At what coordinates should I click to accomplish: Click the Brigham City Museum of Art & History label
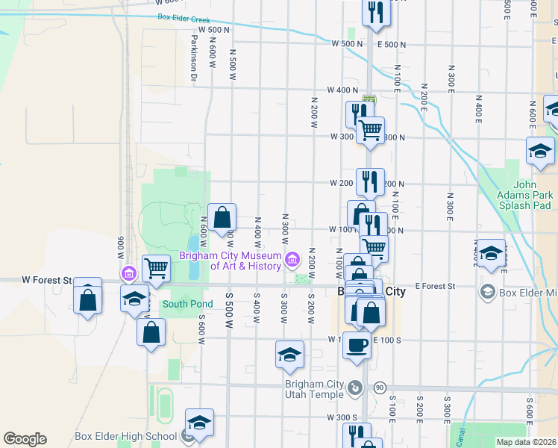230,261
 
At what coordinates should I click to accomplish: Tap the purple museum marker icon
292,261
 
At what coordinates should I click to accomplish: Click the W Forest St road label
46,280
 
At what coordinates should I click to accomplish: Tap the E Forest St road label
435,286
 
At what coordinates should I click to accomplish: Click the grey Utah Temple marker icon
355,388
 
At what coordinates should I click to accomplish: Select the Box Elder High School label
126,437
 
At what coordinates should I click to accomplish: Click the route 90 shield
380,387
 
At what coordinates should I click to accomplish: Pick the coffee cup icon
356,346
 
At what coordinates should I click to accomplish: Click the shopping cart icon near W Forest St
156,267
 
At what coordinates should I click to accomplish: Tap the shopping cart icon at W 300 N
370,131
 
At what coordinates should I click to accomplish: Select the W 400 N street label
343,90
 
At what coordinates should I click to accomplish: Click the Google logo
25,439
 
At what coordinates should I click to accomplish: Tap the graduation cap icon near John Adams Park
540,152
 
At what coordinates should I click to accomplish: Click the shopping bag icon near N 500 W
222,218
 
